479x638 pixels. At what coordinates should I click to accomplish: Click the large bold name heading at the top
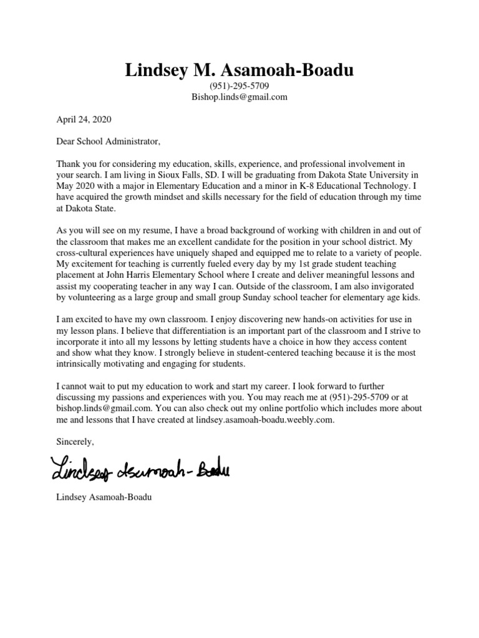click(x=239, y=70)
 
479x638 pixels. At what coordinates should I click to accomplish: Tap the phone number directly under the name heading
click(x=239, y=86)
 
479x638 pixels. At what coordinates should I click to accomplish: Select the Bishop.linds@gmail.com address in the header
click(x=239, y=97)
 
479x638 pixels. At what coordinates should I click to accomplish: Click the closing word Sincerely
click(x=75, y=442)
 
